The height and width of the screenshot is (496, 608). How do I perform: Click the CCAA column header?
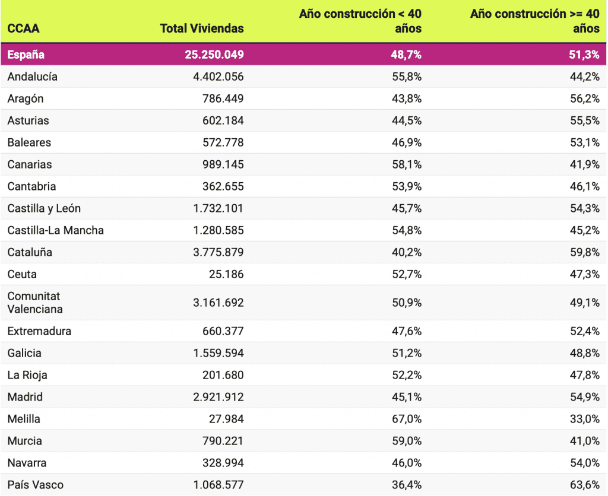point(23,28)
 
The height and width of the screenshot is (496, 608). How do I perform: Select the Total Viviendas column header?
point(202,28)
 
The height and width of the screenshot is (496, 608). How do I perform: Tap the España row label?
point(26,55)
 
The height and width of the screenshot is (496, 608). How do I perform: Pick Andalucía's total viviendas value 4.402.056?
point(218,77)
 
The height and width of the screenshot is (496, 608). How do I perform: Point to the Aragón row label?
point(26,98)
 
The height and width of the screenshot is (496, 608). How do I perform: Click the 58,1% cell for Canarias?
point(406,164)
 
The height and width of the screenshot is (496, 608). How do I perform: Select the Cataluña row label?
point(30,252)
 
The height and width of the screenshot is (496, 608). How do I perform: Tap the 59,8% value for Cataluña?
point(584,252)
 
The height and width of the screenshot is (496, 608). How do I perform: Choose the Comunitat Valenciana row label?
point(35,303)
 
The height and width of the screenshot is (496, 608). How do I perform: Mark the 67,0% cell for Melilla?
point(406,419)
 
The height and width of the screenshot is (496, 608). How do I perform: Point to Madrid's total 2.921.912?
point(218,397)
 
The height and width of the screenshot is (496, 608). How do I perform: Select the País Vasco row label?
point(35,485)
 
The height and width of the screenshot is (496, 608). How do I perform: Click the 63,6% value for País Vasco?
point(584,485)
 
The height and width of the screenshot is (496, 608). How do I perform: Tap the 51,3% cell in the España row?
point(584,55)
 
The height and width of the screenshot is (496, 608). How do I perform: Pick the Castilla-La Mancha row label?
point(56,230)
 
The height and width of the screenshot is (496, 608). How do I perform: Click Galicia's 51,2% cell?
point(406,353)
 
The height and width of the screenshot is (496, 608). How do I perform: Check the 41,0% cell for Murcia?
point(584,441)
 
